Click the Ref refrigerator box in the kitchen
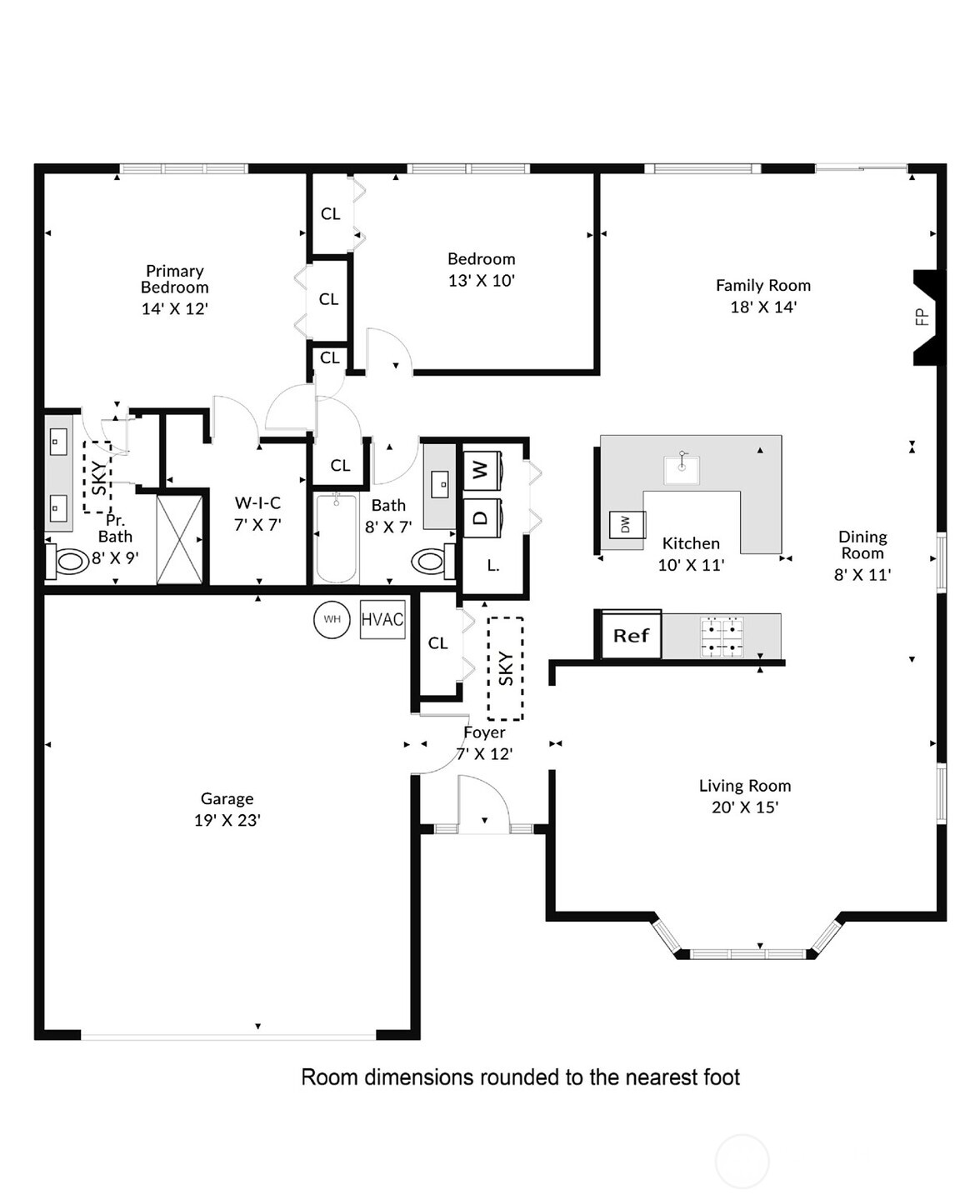click(631, 636)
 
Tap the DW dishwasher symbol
click(627, 524)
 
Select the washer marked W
click(481, 470)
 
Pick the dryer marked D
click(481, 517)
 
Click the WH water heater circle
click(332, 619)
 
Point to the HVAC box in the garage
click(382, 620)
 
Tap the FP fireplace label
click(922, 317)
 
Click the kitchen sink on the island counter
click(681, 469)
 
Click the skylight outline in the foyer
click(505, 668)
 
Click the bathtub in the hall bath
click(337, 538)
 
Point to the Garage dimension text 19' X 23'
click(227, 821)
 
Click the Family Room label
click(762, 285)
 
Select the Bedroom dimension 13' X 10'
click(481, 281)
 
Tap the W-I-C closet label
click(257, 503)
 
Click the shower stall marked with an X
click(180, 539)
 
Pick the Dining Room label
click(862, 545)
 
